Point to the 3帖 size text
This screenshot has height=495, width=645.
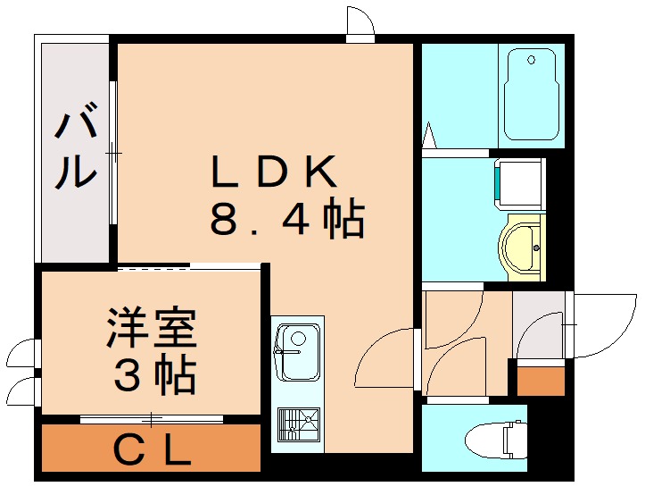[x=153, y=376]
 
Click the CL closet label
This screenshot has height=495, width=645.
[x=152, y=451]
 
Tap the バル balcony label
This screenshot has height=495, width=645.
[x=75, y=148]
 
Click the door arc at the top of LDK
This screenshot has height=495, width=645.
[x=360, y=23]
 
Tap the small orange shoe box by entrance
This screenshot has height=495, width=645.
[x=542, y=381]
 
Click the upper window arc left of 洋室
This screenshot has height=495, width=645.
[x=21, y=354]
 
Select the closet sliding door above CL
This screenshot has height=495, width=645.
[x=152, y=417]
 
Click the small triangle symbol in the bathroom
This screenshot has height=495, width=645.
[x=428, y=137]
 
